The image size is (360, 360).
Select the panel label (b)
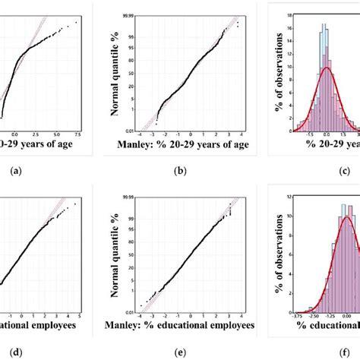pyautogui.click(x=180, y=171)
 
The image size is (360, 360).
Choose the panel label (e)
pyautogui.click(x=180, y=352)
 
